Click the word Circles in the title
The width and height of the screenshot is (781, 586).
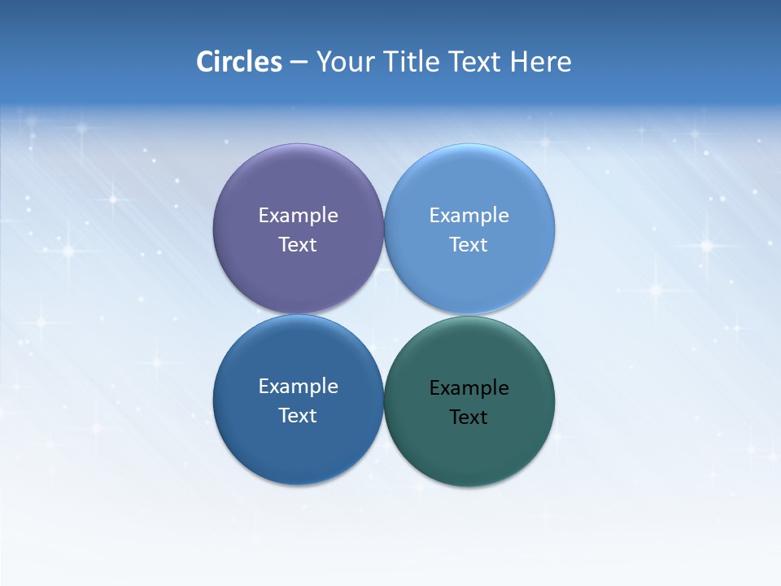coord(238,62)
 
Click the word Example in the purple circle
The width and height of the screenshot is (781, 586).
coord(298,216)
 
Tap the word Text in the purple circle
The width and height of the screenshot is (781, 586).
coord(298,245)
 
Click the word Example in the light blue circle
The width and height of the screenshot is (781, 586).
coord(469,216)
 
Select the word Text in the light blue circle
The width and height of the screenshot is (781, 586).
coord(469,245)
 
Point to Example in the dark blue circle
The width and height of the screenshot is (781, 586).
coord(298,387)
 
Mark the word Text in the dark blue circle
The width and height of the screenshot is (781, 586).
coord(298,416)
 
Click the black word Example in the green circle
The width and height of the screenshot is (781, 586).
coord(469,388)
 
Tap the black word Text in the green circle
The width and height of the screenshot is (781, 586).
coord(469,418)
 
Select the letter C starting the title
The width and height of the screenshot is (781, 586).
coord(204,62)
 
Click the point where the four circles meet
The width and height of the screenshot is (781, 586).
coord(384,314)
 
